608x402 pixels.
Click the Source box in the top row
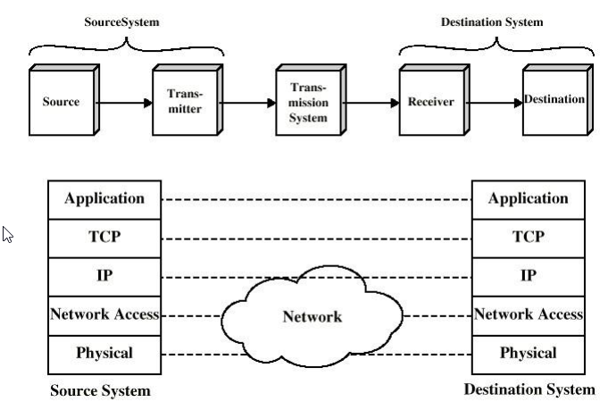coord(61,102)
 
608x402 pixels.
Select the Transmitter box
coord(184,102)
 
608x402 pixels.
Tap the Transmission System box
coord(308,102)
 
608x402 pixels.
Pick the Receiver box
coord(431,102)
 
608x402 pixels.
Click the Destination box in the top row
coord(554,100)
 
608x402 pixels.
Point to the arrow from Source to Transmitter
coord(124,103)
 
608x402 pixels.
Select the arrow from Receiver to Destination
coord(494,103)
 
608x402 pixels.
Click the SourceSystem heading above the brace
coord(121,21)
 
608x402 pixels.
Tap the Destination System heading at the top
coord(492,21)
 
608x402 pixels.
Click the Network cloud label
coord(312,316)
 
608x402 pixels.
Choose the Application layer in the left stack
coord(104,199)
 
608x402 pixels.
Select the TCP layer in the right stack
coord(529,238)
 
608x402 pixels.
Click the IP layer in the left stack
coord(104,276)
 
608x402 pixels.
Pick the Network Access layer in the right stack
coord(529,314)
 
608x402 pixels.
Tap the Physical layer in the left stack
coord(104,353)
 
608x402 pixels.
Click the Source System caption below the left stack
coord(100,390)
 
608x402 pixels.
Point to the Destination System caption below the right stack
coord(529,389)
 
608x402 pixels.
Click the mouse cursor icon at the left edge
coord(8,235)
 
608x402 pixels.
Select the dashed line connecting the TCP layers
coord(316,239)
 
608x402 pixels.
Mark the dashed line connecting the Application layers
coord(316,200)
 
